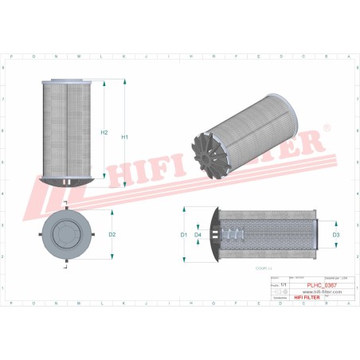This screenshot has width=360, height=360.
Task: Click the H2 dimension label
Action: coord(104,132)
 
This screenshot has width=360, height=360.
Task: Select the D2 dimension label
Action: coord(112,235)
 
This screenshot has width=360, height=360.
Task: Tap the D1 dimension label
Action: coord(183,235)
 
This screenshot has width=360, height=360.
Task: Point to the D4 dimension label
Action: coord(198,235)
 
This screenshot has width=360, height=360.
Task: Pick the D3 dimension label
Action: coord(335,235)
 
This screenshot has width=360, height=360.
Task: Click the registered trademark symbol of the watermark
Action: coord(327,127)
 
